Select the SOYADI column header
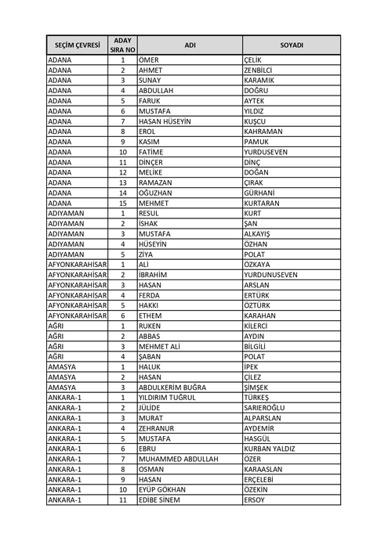click(x=292, y=45)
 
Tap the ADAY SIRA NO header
click(x=122, y=45)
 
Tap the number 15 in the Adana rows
click(x=122, y=202)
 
